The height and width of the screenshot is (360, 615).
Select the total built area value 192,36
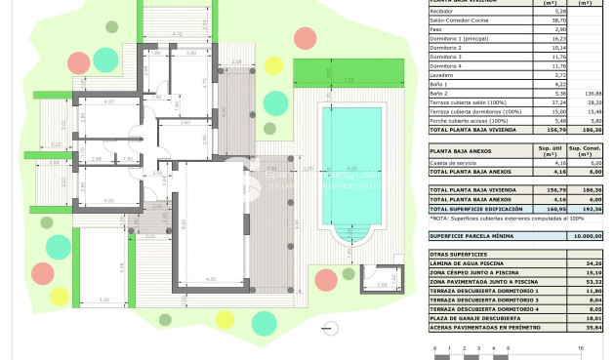[x=592, y=209]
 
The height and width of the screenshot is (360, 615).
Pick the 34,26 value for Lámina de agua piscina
[x=592, y=263]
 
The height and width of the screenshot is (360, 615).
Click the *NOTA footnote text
[x=503, y=220]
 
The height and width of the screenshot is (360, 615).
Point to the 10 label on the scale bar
[x=581, y=347]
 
